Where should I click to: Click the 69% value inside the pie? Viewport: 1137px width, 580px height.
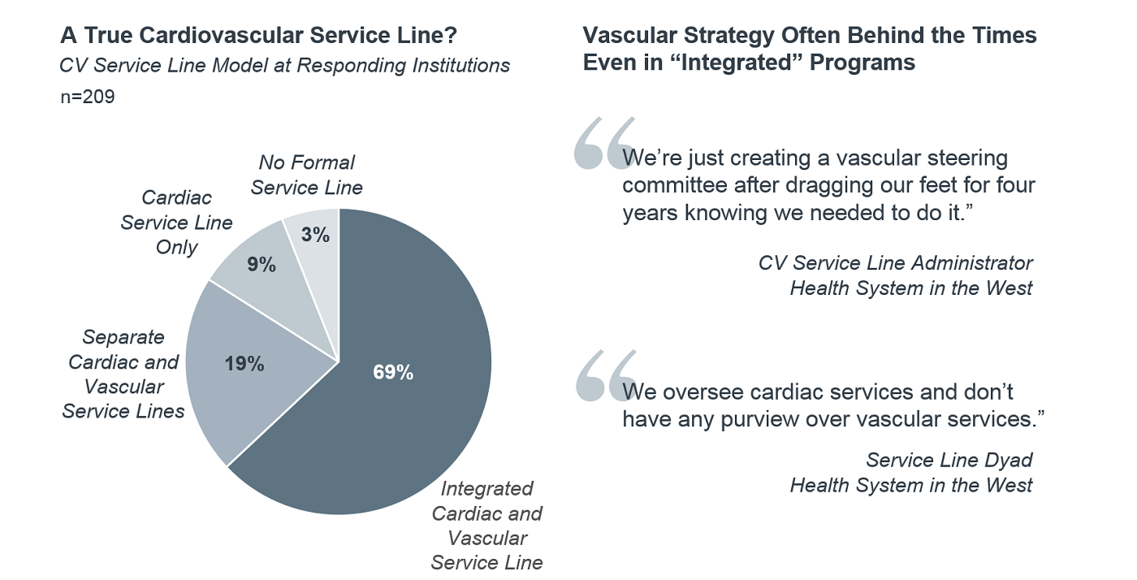coord(393,373)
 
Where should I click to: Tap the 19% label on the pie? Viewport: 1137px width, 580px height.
coord(244,364)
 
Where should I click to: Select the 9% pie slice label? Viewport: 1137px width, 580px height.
coord(261,264)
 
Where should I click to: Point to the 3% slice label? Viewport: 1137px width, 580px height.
coord(314,236)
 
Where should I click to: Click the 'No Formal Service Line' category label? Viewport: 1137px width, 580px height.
coord(306,175)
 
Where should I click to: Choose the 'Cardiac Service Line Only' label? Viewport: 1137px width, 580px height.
coord(176,222)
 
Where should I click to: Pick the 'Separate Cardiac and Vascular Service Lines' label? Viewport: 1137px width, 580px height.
coord(123,374)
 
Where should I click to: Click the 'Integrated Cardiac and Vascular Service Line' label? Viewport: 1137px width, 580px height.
coord(486,525)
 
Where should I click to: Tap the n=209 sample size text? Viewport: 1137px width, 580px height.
coord(88,97)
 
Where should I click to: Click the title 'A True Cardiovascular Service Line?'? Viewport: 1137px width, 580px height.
coord(258,36)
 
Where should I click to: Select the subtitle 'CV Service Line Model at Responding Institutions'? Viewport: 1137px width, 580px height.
coord(284,65)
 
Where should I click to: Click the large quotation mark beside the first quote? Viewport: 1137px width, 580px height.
coord(603,143)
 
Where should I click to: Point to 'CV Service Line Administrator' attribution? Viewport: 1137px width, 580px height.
coord(895,262)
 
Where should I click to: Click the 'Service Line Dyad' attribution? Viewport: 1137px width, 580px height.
coord(949,460)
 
